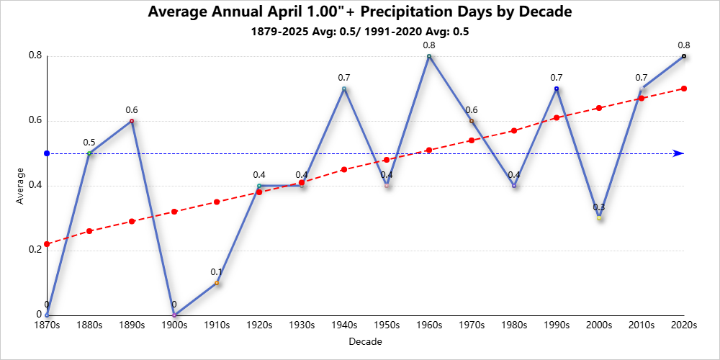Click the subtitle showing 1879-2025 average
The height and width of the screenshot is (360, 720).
tap(361, 32)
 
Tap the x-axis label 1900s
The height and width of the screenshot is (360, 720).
tap(174, 325)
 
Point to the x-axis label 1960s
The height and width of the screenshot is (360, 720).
tap(429, 325)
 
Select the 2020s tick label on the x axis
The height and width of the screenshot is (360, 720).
tap(683, 325)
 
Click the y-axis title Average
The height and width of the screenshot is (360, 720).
tap(20, 186)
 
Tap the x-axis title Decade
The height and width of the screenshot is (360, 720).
tap(364, 341)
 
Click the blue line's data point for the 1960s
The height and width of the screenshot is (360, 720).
tap(429, 56)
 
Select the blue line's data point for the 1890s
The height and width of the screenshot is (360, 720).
tap(132, 121)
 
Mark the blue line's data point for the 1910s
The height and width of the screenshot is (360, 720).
tap(217, 283)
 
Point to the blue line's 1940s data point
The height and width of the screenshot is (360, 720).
tap(344, 89)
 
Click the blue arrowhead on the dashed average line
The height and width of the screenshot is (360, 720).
tap(678, 153)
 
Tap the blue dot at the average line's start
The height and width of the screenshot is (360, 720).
tap(47, 153)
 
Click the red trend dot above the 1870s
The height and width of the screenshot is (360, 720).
tap(47, 244)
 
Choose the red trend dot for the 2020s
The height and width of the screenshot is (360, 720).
tap(684, 89)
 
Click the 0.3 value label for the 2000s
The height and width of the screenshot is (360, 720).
tap(599, 207)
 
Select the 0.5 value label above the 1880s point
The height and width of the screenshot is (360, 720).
tap(89, 143)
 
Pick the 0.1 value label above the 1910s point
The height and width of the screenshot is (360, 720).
tap(217, 272)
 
